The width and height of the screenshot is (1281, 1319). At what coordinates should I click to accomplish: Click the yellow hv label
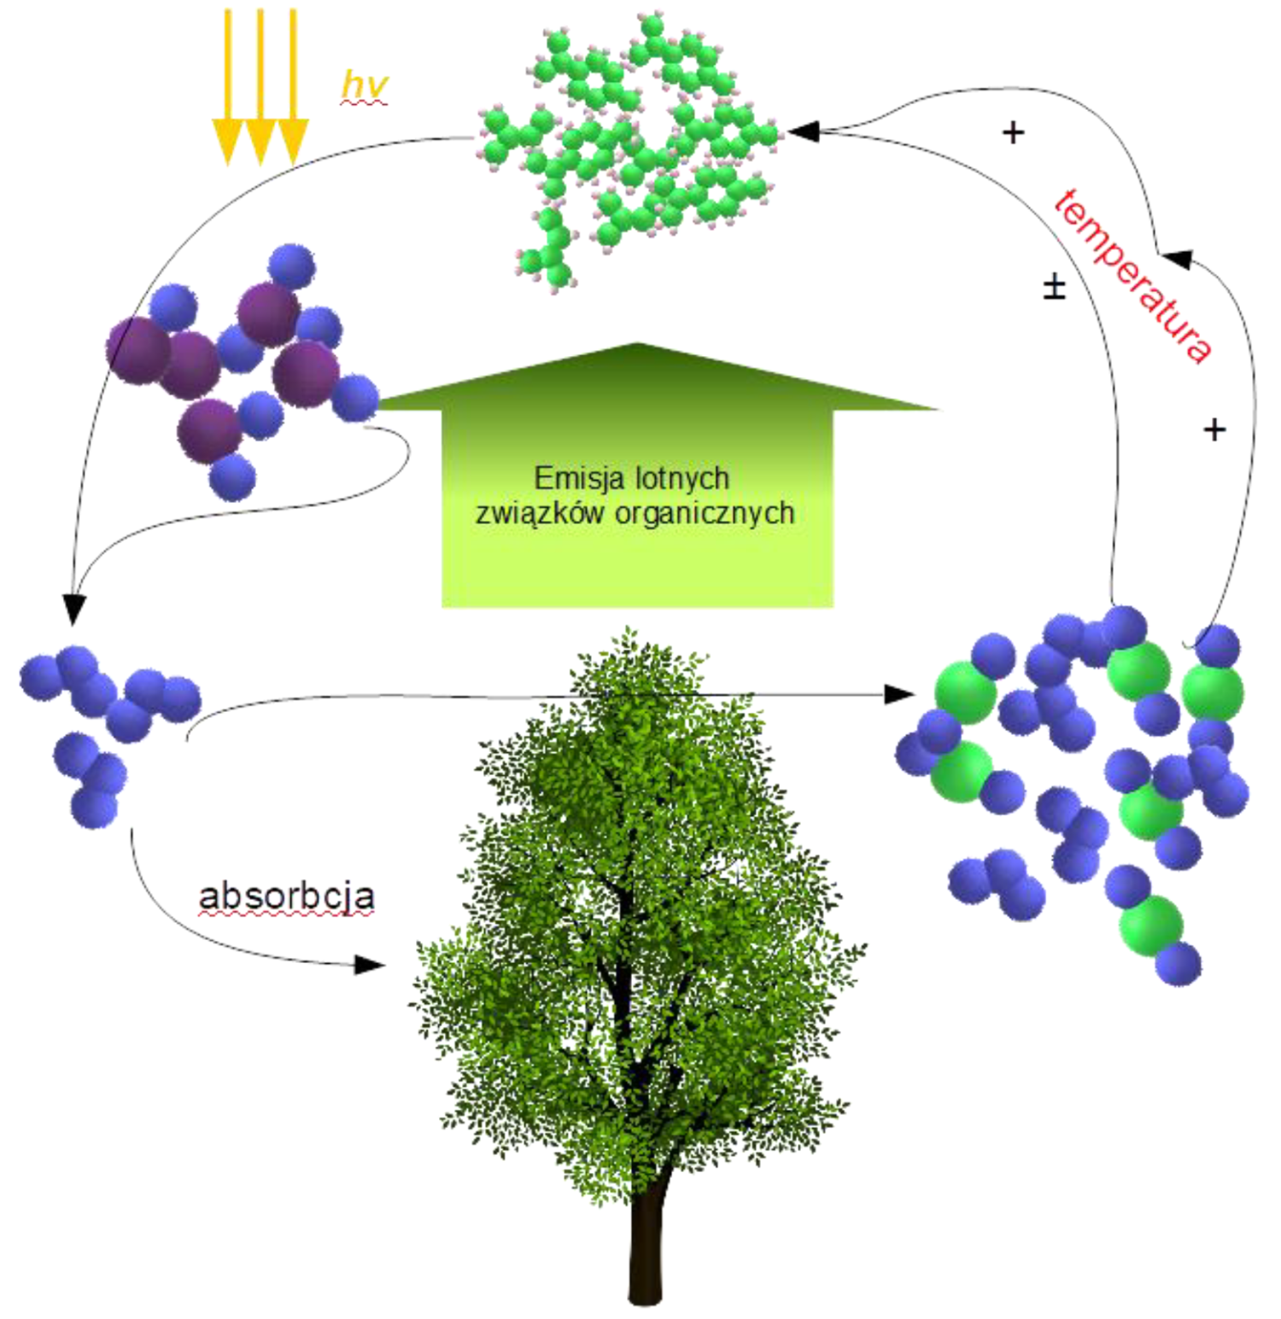pos(364,85)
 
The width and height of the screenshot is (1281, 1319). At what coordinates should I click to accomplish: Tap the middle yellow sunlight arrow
pos(260,86)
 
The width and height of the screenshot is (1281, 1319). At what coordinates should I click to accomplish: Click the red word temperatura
pos(1132,276)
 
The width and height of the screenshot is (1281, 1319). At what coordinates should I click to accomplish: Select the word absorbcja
pos(287,896)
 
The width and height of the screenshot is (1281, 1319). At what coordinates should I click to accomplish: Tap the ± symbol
pos(1055,288)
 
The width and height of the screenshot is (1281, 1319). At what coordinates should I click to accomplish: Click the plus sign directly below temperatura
pos(1214,429)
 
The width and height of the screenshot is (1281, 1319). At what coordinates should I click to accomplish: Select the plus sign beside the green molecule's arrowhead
pos(1013,132)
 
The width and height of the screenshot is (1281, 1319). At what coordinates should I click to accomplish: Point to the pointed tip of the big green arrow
pos(636,344)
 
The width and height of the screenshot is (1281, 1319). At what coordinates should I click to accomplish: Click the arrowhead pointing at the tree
pos(369,966)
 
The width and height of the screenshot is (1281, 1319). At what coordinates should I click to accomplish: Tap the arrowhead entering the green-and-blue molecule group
pos(899,694)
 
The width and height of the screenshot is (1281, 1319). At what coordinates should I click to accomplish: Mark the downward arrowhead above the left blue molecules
pos(74,610)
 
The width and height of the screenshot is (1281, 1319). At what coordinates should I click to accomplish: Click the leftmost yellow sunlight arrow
pos(227,86)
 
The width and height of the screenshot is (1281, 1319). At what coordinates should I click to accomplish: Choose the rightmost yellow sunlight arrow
pos(292,86)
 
